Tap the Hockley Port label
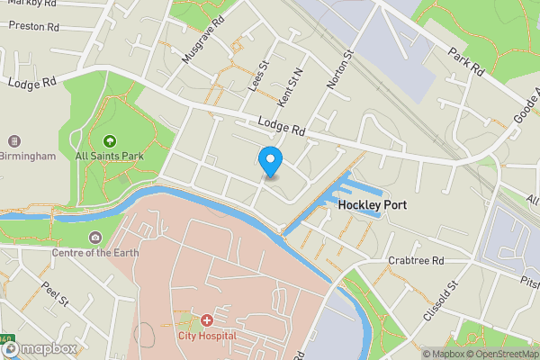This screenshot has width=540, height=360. pos(373,205)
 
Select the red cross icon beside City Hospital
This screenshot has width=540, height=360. pos(206,320)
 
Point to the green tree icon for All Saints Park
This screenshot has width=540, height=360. pos(110,140)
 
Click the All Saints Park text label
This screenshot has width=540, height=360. pos(110,156)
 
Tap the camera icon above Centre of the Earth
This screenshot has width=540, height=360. pos(94,238)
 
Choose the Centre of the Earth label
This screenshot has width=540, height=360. pos(94,253)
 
